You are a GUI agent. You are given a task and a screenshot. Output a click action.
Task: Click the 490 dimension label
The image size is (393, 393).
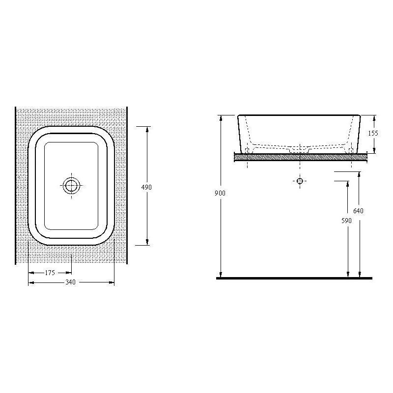coord(146,187)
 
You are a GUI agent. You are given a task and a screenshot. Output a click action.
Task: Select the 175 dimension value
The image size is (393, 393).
coord(50,273)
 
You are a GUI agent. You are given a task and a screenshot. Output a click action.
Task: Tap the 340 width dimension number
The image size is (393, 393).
coord(70,282)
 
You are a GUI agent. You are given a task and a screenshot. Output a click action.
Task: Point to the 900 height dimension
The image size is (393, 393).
coord(220,193)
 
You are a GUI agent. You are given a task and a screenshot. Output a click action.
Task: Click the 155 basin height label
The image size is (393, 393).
coord(373,133)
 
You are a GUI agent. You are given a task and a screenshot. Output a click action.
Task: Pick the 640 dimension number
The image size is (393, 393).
coord(358,211)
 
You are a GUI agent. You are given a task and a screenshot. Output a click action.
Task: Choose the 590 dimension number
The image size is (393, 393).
coord(346,221)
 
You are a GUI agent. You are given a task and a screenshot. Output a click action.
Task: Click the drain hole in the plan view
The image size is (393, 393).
coord(71,186)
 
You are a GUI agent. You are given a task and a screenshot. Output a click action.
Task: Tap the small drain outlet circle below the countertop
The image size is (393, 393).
coord(300,181)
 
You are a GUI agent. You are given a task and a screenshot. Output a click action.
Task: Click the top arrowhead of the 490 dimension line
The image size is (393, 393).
coord(147,129)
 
